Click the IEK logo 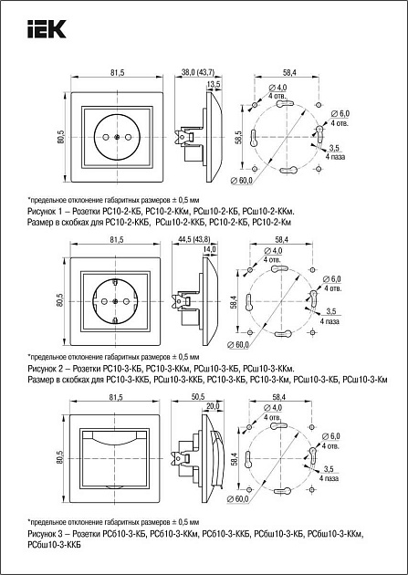(x=47, y=29)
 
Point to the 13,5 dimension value (x=214, y=84)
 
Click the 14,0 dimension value (x=210, y=249)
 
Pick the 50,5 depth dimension (x=197, y=397)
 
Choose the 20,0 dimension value (x=213, y=406)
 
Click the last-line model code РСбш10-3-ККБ (x=54, y=545)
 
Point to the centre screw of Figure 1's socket (x=117, y=137)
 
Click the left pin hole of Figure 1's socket (x=106, y=137)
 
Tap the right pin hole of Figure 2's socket (x=126, y=301)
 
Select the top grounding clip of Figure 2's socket (x=115, y=282)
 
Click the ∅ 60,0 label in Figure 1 (x=242, y=181)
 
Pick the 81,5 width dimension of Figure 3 (x=116, y=397)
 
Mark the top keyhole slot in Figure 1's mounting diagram (x=286, y=104)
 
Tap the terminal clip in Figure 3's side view (x=182, y=458)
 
